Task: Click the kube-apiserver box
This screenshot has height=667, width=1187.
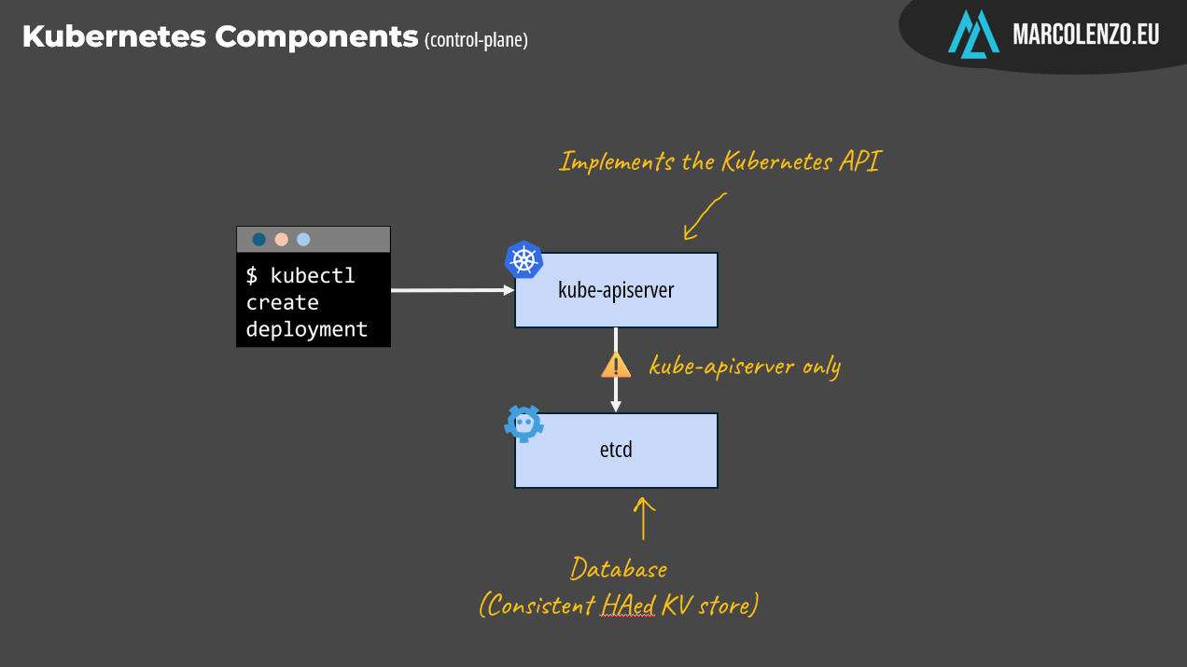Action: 616,290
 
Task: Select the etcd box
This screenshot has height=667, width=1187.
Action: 616,451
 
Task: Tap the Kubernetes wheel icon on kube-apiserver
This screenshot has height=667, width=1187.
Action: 524,259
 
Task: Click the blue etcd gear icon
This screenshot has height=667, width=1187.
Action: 524,424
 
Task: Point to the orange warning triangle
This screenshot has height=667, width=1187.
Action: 616,365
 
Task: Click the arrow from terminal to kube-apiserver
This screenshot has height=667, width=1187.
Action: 452,290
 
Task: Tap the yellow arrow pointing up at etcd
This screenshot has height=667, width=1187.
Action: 644,518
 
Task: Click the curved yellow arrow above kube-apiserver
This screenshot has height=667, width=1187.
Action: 705,216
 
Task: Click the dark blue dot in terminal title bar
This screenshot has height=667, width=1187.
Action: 259,240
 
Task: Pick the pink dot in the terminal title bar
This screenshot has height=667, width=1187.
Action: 281,240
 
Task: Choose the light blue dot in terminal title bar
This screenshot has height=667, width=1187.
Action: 303,240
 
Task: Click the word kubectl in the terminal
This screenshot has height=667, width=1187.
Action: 313,276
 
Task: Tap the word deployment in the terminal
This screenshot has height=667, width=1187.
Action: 307,329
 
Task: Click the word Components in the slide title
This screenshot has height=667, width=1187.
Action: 316,37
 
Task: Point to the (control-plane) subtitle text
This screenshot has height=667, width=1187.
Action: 476,40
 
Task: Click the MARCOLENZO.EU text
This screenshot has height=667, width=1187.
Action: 1086,35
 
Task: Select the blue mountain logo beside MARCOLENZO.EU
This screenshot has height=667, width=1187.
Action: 973,35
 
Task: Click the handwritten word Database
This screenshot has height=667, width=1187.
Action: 619,568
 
